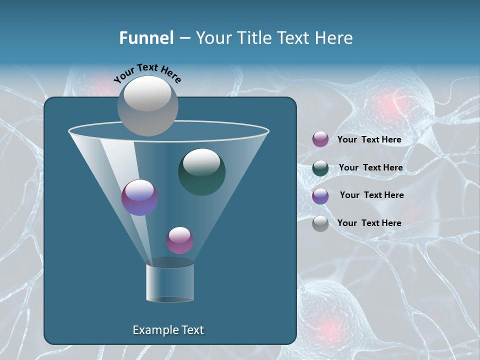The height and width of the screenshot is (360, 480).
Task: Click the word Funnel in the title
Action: (146, 38)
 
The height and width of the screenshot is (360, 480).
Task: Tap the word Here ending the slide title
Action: (335, 38)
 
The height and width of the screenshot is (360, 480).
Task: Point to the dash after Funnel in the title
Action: (184, 38)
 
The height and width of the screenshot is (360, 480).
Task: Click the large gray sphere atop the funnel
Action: (148, 105)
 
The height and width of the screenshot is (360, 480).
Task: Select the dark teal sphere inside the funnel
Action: (201, 171)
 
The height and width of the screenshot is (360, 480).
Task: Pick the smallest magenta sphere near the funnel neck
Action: (179, 240)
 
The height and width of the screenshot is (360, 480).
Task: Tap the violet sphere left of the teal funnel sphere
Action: (140, 197)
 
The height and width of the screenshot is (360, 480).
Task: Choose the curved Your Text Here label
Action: (147, 73)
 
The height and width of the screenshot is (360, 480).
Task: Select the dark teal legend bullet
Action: (320, 168)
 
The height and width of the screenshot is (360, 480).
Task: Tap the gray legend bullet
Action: (320, 223)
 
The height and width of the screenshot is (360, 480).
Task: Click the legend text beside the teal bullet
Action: (370, 167)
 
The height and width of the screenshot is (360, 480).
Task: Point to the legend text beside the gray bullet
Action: (369, 223)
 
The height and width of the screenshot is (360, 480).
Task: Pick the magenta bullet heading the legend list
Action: (320, 139)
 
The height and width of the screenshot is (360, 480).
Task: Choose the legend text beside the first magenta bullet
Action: (369, 139)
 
